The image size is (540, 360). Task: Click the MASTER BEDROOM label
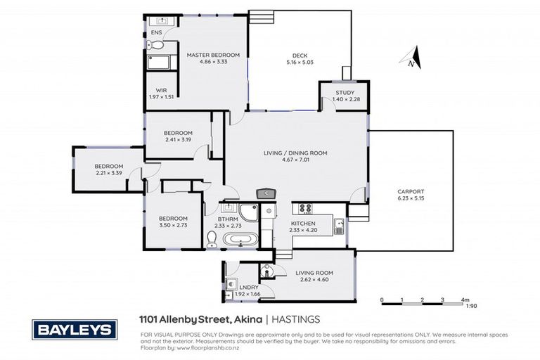pos(213,55)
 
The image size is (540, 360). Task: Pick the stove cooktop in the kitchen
pos(306,208)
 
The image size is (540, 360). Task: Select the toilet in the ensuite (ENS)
pos(156,46)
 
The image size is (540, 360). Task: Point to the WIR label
pos(161,90)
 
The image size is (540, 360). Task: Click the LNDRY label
pos(247,288)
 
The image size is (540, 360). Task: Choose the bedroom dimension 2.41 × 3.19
pos(178,140)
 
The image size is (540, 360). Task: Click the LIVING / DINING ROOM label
pos(295,153)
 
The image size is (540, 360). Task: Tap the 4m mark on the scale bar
pos(464,300)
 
